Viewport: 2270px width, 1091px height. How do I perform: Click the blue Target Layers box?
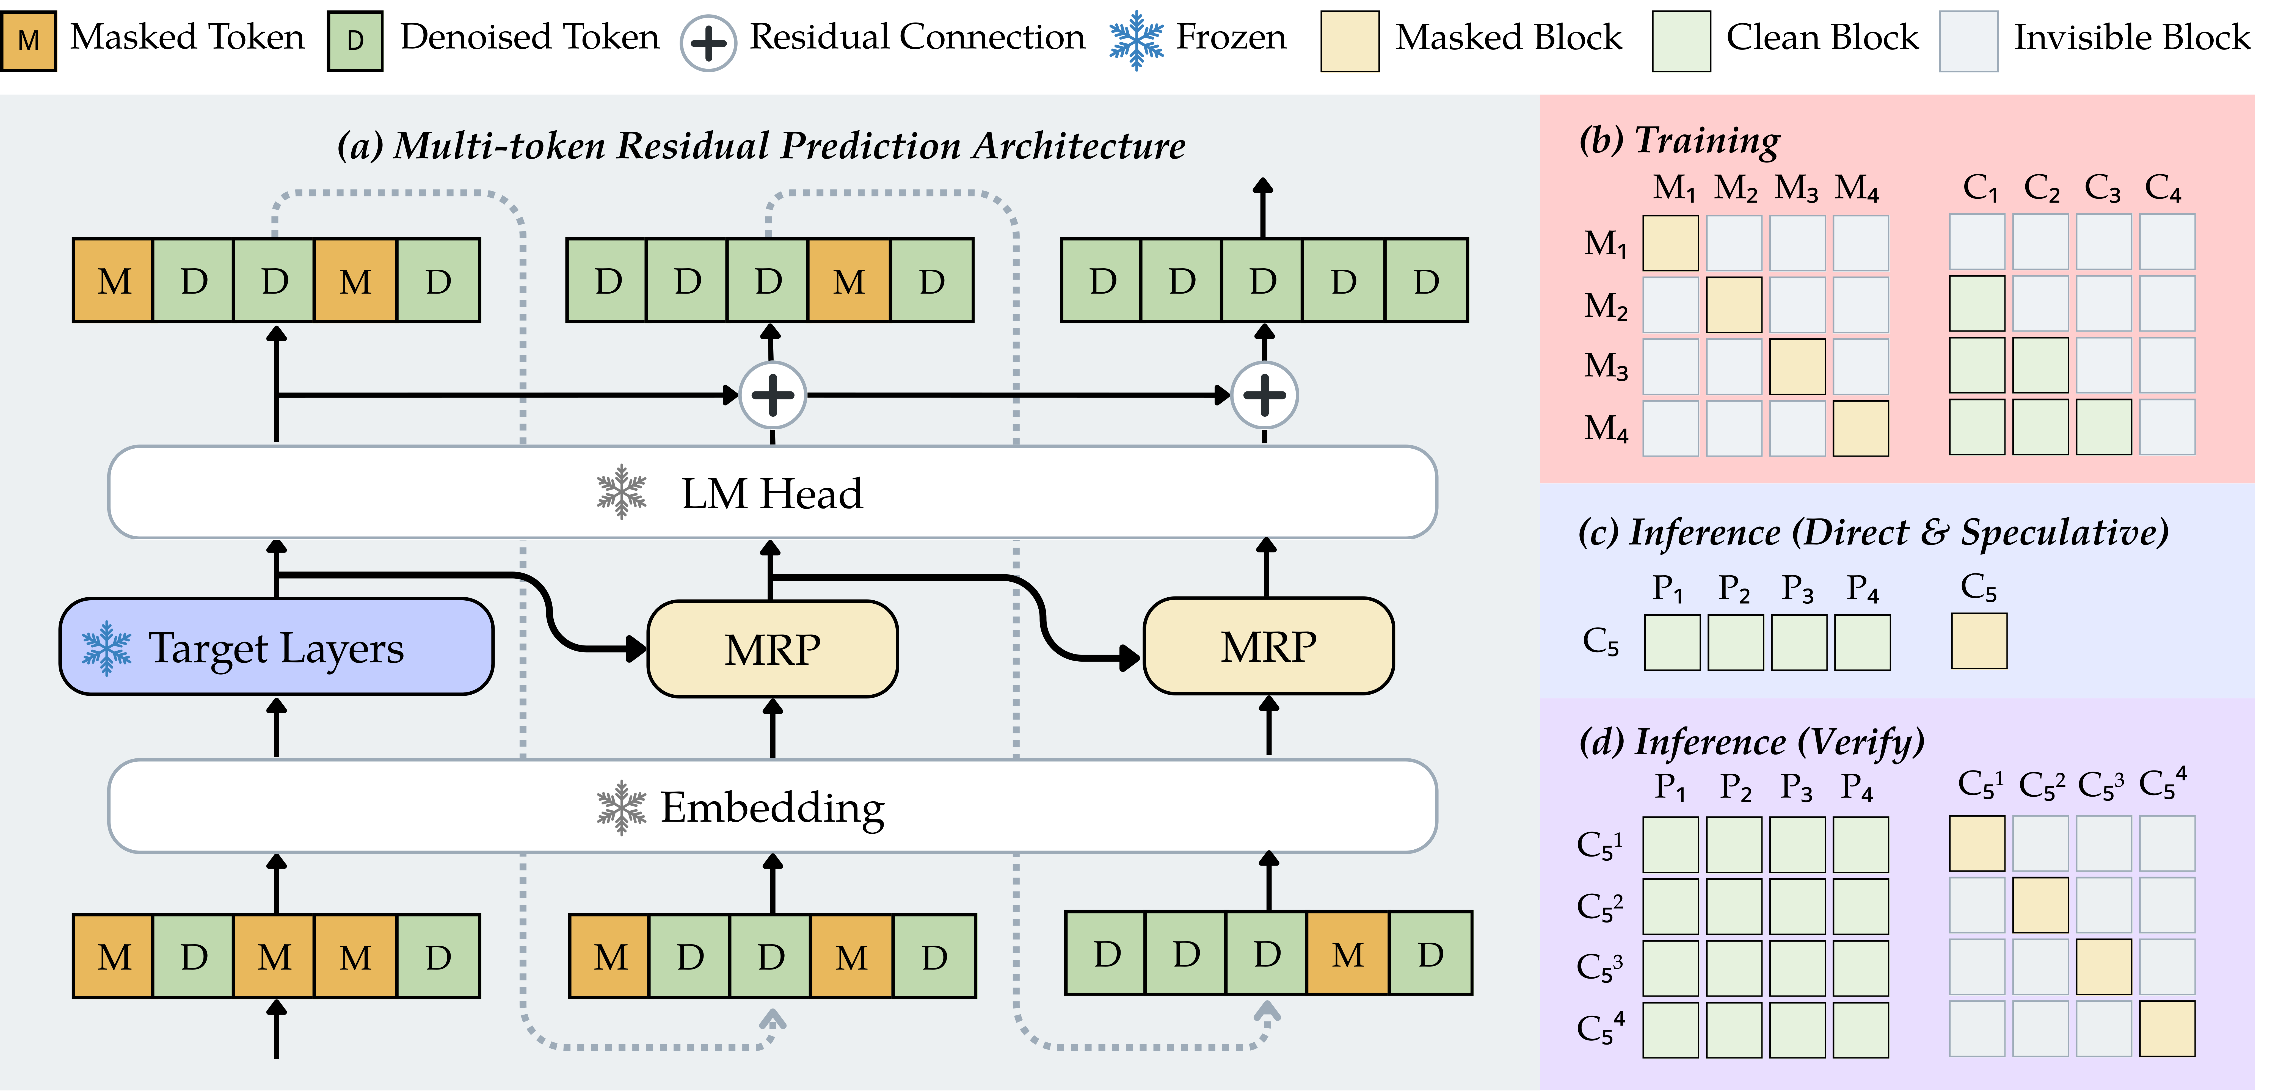pyautogui.click(x=276, y=647)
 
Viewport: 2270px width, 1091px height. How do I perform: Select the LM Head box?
pyautogui.click(x=772, y=492)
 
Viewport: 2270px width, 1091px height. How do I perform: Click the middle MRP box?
pyautogui.click(x=772, y=649)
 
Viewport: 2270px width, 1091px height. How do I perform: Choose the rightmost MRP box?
pyautogui.click(x=1268, y=646)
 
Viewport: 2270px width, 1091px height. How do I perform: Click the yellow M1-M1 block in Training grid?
pyautogui.click(x=1671, y=242)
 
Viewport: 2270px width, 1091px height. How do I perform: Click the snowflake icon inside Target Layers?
pyautogui.click(x=107, y=648)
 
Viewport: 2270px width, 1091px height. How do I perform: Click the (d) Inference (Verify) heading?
pyautogui.click(x=1752, y=742)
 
